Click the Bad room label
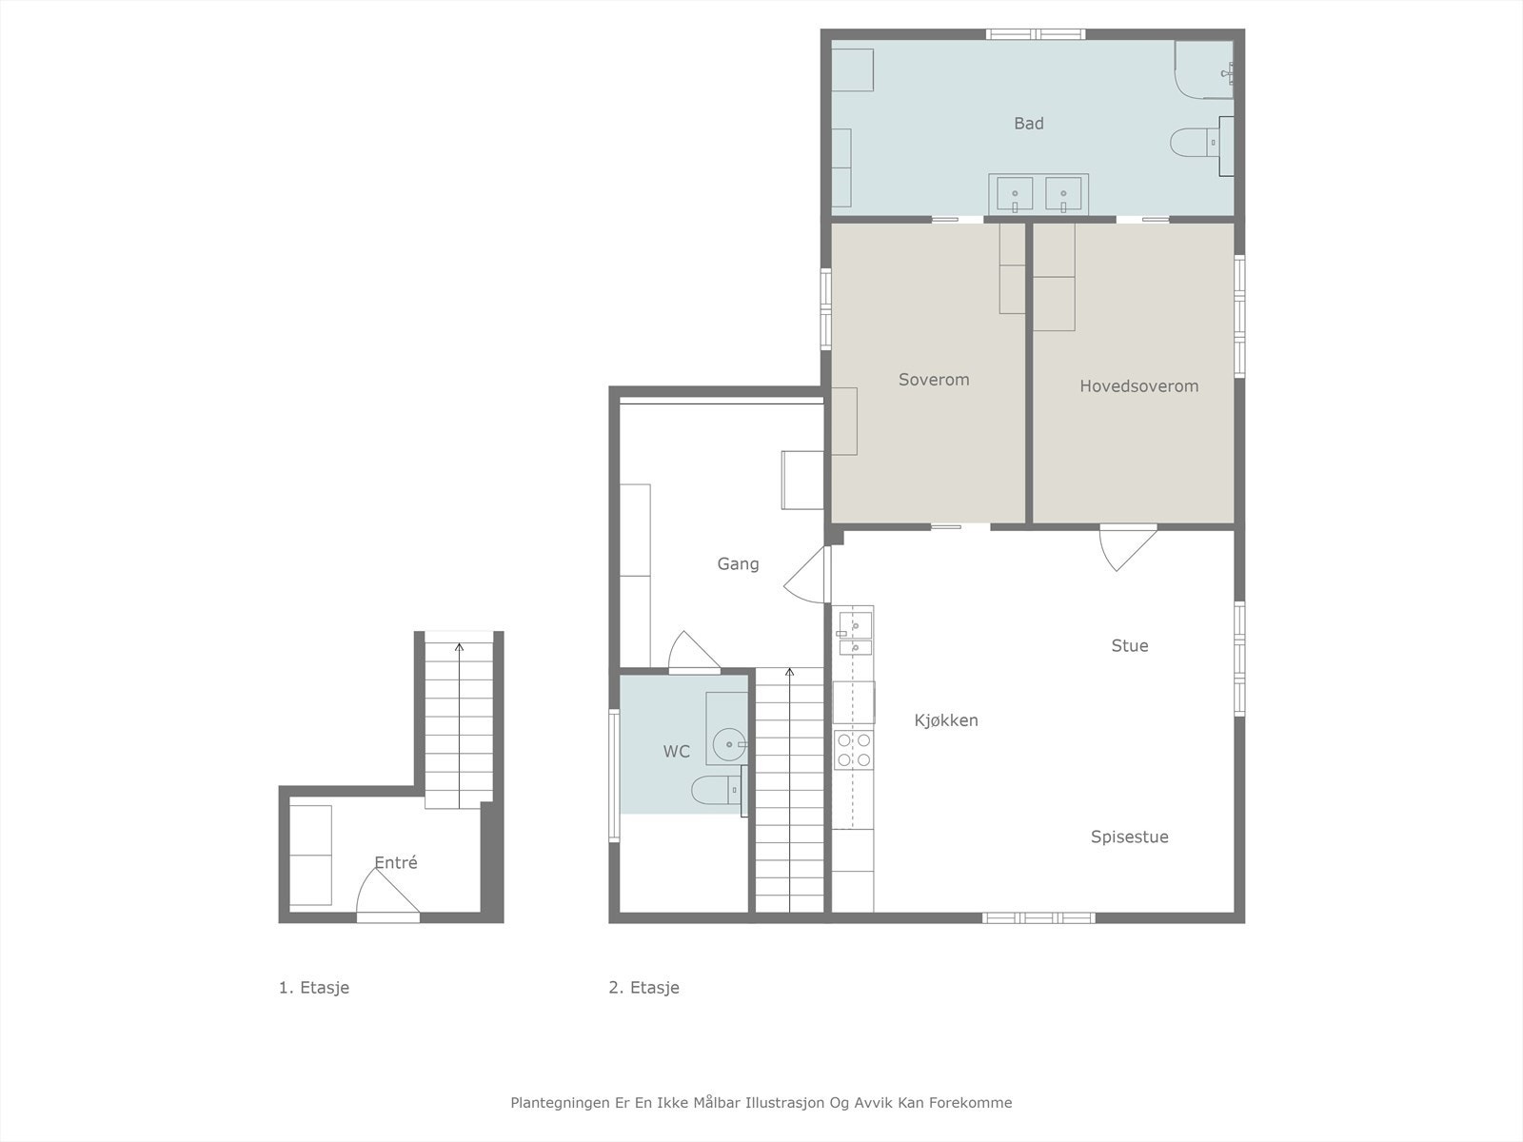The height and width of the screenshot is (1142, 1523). (1028, 124)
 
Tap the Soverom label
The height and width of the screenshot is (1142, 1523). (934, 380)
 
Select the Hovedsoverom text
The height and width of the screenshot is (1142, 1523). (1138, 386)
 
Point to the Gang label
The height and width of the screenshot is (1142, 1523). (738, 564)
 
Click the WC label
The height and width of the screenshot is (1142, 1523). (676, 752)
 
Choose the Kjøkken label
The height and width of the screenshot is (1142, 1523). (945, 720)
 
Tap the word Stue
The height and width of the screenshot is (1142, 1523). (1129, 646)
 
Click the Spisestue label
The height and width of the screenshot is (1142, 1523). (1129, 837)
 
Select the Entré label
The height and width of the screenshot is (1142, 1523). (395, 863)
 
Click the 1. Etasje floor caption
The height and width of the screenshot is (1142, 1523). (313, 988)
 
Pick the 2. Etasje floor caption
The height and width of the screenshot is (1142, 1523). (643, 988)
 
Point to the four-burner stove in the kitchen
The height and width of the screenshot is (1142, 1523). (854, 749)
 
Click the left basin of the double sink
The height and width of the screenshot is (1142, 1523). (1015, 196)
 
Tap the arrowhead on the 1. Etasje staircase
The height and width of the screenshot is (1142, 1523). (459, 647)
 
